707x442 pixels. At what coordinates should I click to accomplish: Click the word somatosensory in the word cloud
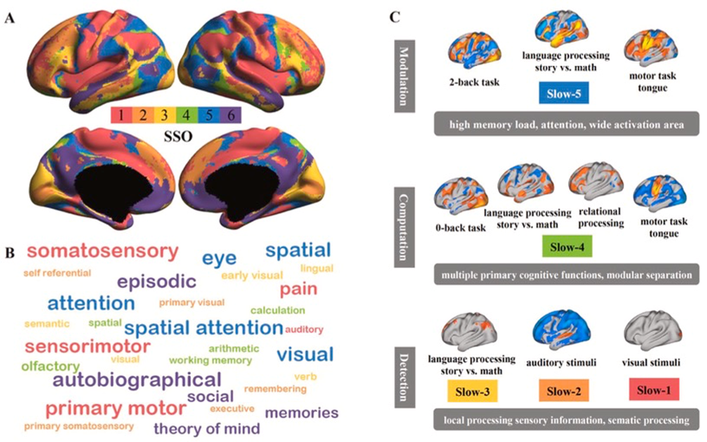(102, 251)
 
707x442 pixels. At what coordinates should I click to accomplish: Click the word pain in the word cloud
(298, 290)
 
